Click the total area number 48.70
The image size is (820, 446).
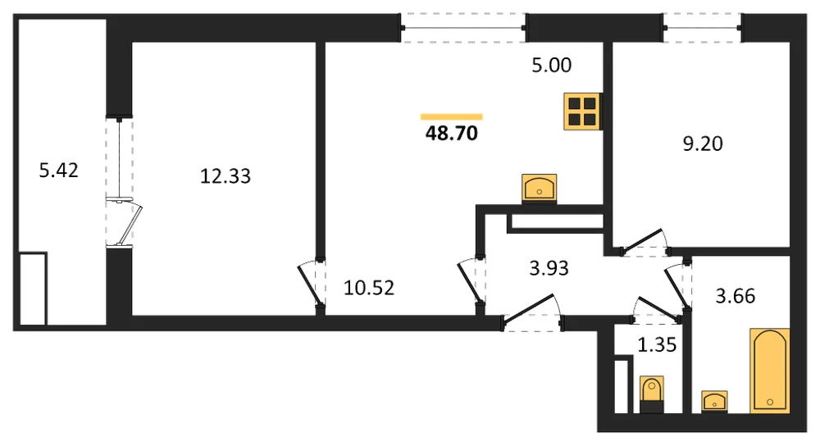pyautogui.click(x=452, y=134)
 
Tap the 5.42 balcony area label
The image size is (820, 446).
pyautogui.click(x=58, y=171)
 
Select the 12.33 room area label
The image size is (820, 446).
pyautogui.click(x=225, y=176)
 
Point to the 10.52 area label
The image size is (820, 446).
pyautogui.click(x=369, y=288)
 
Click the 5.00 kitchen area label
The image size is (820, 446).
pyautogui.click(x=552, y=66)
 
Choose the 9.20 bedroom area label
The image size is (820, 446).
pyautogui.click(x=703, y=143)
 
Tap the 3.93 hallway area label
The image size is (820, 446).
pyautogui.click(x=549, y=268)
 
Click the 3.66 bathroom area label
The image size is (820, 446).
pyautogui.click(x=736, y=297)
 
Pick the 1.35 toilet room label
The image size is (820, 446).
pyautogui.click(x=658, y=345)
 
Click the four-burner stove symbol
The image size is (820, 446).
pyautogui.click(x=582, y=111)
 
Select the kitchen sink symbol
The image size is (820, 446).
pyautogui.click(x=540, y=189)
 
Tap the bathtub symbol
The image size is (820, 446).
pyautogui.click(x=770, y=371)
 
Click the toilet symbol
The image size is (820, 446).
pyautogui.click(x=652, y=395)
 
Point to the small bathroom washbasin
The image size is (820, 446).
pyautogui.click(x=714, y=402)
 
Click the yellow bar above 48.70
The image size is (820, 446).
pyautogui.click(x=452, y=117)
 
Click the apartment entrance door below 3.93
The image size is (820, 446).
pyautogui.click(x=532, y=314)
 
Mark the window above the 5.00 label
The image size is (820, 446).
pyautogui.click(x=464, y=28)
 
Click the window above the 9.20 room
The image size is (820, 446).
pyautogui.click(x=703, y=28)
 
